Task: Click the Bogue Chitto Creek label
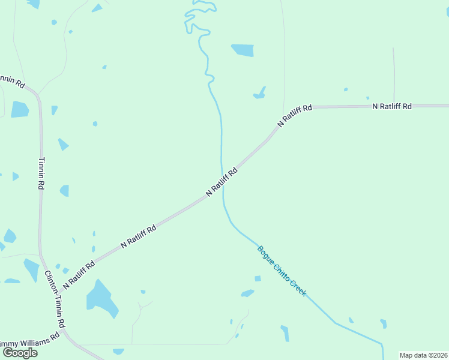point(282,271)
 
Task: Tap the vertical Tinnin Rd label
point(41,173)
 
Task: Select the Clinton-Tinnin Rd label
point(55,299)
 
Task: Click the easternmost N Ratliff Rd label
point(392,106)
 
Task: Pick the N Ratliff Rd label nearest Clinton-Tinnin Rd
point(79,274)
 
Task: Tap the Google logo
point(20,352)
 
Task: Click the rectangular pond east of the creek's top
point(243,50)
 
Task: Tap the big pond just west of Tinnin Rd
point(19,109)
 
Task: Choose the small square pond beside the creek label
point(258,278)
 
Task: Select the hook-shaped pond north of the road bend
point(261,93)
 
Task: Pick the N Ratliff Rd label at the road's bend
point(295,115)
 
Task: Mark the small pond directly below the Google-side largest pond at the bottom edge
point(118,351)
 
